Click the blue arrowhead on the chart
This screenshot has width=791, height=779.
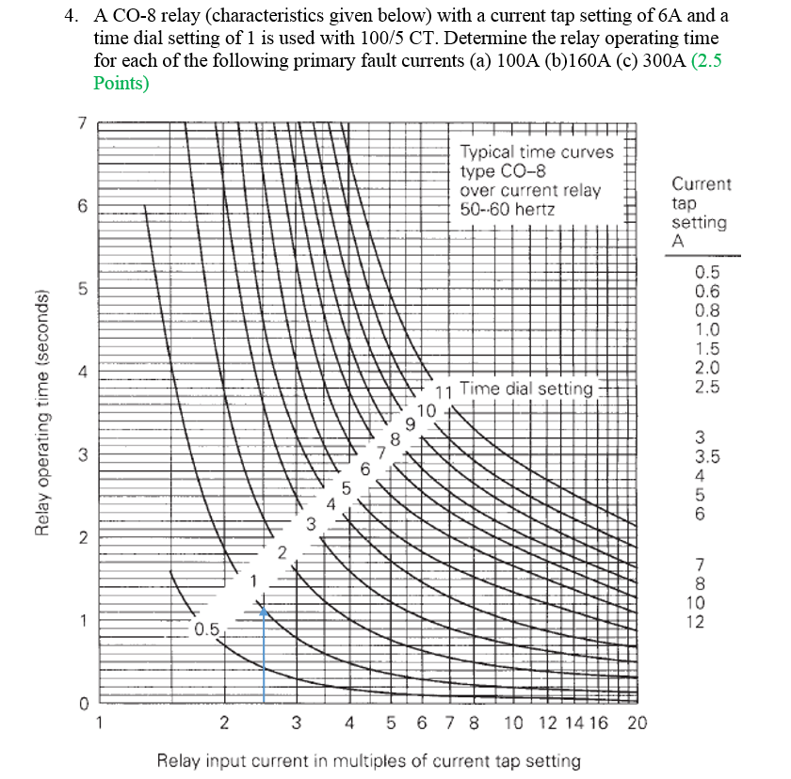pos(265,611)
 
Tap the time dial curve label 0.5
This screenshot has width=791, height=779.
pos(206,628)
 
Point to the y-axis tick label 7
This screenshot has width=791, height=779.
pos(82,123)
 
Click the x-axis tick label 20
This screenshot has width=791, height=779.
pos(638,723)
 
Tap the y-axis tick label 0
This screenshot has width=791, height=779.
pos(82,703)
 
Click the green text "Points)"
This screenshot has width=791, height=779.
pos(121,83)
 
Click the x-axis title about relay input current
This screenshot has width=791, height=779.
pos(368,760)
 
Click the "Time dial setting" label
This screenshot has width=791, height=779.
pos(527,388)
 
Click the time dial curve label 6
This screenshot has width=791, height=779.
pos(364,469)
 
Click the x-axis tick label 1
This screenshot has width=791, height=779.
pos(100,723)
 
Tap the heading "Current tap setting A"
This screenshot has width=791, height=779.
pos(700,213)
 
